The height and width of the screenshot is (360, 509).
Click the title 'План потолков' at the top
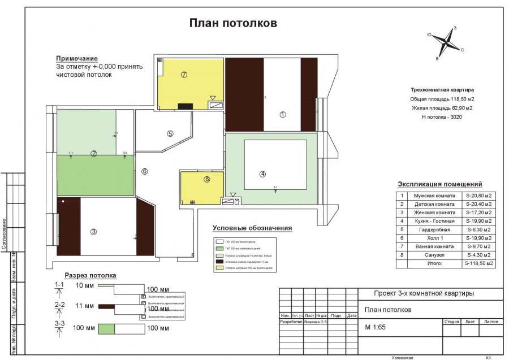tap(232, 23)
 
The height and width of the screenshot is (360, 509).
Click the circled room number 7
tap(184, 75)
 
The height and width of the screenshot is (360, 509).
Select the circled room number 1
tap(282, 114)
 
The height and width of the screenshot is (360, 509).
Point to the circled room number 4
tap(262, 174)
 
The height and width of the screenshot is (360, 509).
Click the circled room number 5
tap(170, 134)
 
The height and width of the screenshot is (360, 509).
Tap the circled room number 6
tap(144, 171)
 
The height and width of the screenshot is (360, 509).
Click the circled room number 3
tap(94, 231)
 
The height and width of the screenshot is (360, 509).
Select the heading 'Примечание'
tap(76, 59)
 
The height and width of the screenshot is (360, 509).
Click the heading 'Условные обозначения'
tap(252, 228)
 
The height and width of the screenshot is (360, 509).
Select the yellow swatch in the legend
tap(221, 268)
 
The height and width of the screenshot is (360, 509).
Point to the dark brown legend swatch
tap(221, 262)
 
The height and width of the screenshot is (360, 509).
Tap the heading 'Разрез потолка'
tap(90, 275)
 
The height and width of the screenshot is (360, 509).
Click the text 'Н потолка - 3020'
tap(442, 116)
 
